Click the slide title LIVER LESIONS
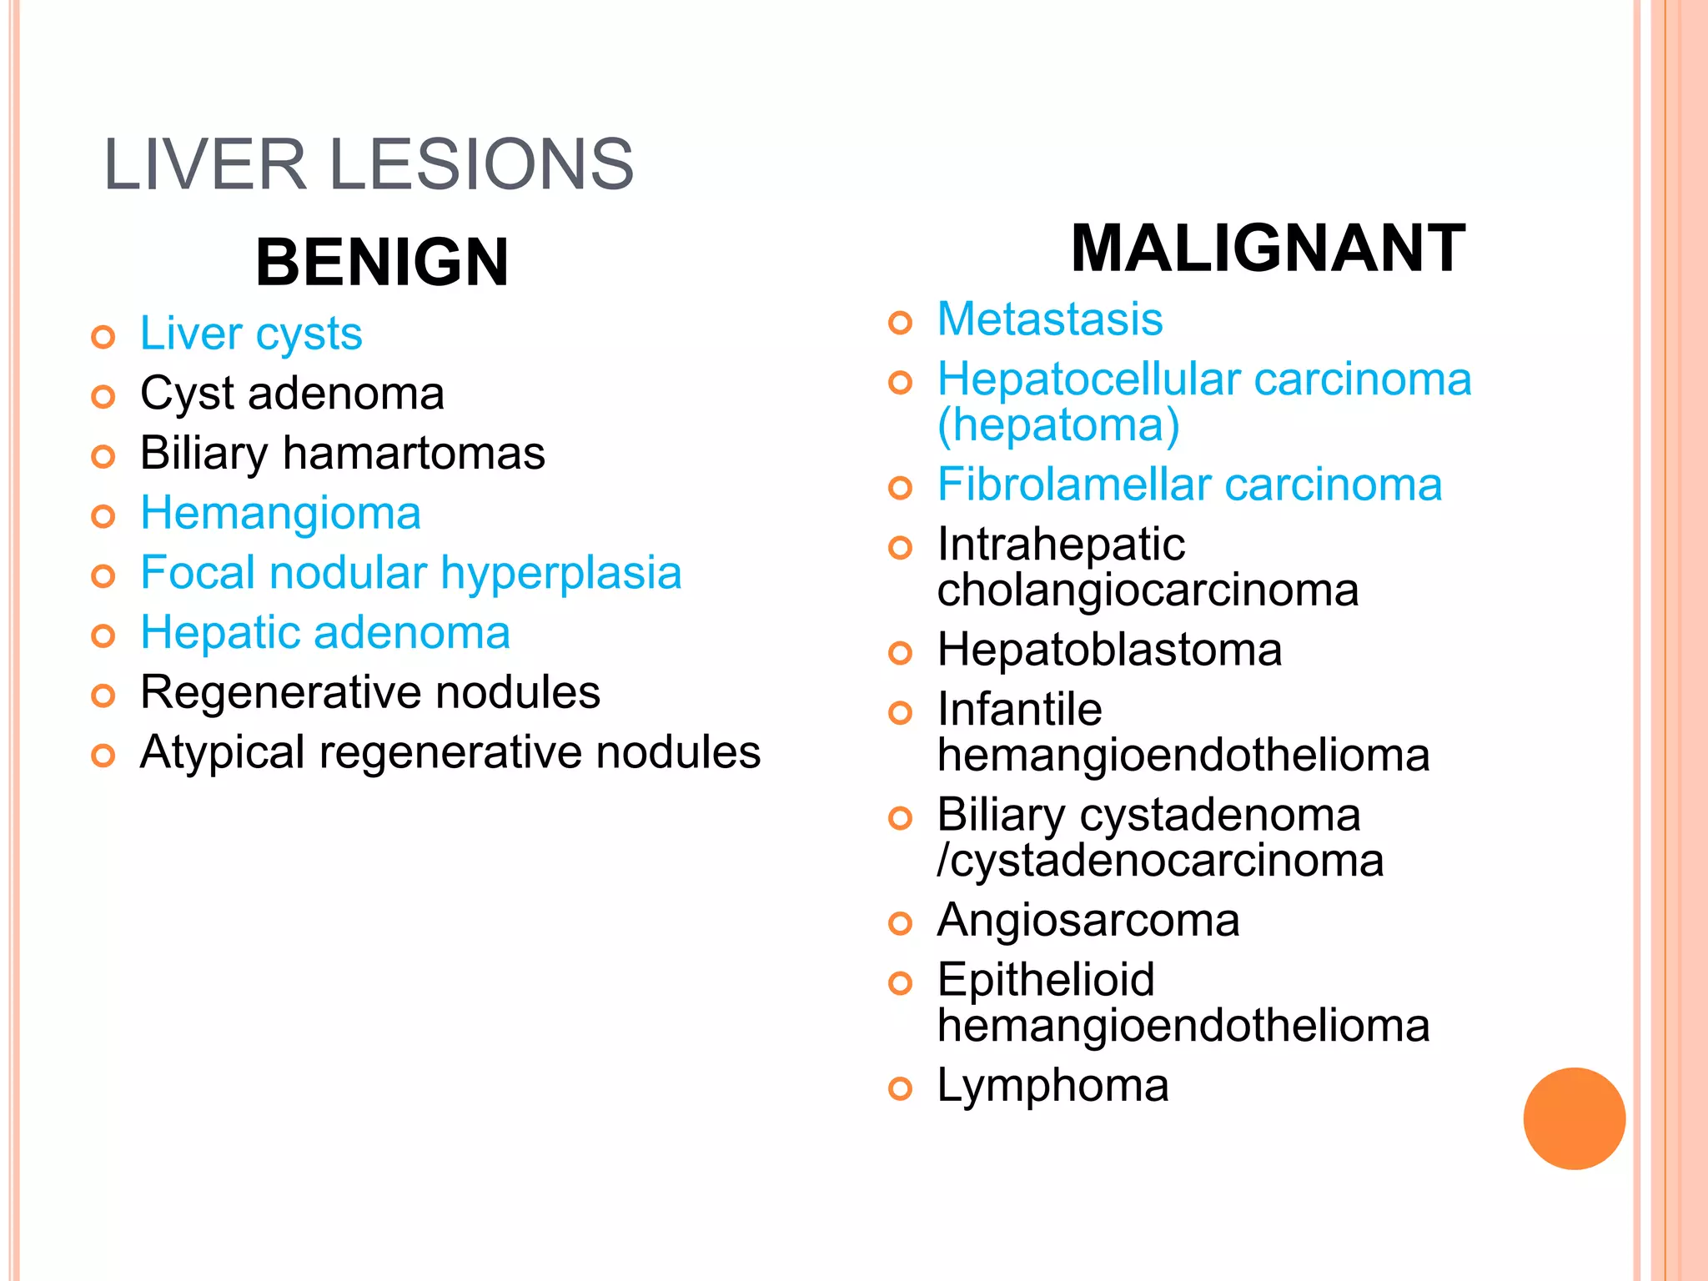coord(368,164)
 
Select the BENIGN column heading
coord(382,262)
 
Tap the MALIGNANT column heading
coord(1268,249)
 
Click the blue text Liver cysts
coord(251,334)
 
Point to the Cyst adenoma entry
coord(292,394)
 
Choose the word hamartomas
coord(414,454)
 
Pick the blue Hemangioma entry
coord(280,513)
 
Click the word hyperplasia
coord(560,574)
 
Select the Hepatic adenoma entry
coord(325,632)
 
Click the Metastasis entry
coord(1050,319)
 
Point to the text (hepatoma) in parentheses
coord(1058,425)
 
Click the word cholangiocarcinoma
coord(1148,590)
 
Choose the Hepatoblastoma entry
coord(1109,650)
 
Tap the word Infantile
coord(1019,710)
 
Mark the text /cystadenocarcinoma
coord(1160,861)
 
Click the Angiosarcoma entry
coord(1088,921)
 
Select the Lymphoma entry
coord(1052,1086)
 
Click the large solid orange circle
coord(1574,1118)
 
